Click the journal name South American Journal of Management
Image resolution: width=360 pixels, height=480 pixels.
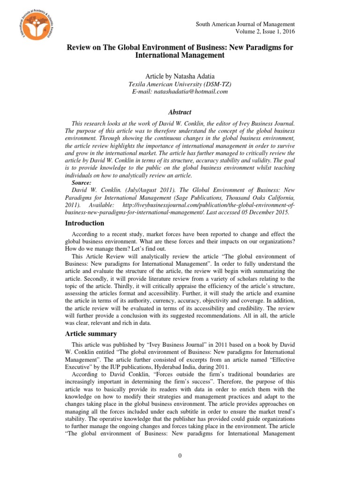pyautogui.click(x=245, y=24)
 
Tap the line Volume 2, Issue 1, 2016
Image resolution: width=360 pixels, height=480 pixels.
pyautogui.click(x=265, y=31)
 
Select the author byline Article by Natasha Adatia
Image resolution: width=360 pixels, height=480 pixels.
pyautogui.click(x=180, y=76)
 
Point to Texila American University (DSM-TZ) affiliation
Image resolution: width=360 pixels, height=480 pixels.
pyautogui.click(x=180, y=84)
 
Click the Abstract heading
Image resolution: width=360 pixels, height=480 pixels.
pyautogui.click(x=180, y=112)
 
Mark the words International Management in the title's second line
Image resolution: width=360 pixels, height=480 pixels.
pyautogui.click(x=180, y=55)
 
